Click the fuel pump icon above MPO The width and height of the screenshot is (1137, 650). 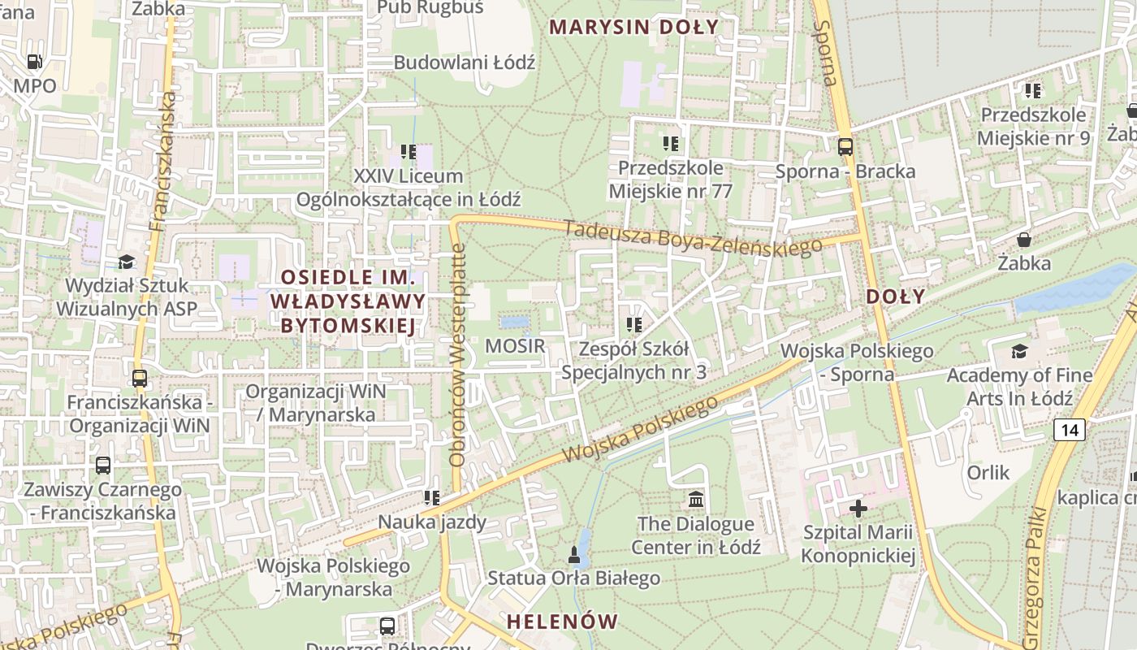(34, 62)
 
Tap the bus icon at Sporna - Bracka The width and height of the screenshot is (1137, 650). (845, 147)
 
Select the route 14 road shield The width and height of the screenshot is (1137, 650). (1070, 430)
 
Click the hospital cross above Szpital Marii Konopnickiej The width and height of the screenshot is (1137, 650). (858, 509)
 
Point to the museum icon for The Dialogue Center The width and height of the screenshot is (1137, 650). (695, 499)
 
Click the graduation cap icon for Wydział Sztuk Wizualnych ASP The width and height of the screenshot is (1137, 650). (126, 262)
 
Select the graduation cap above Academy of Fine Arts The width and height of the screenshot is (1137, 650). (1018, 351)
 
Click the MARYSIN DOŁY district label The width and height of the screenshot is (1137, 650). (633, 27)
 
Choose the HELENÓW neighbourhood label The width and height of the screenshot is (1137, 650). (562, 622)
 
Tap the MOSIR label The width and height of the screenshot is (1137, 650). (515, 346)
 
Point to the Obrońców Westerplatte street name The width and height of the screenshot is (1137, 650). (457, 355)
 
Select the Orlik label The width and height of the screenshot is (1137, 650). (988, 472)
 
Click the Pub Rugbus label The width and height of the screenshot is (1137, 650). (430, 8)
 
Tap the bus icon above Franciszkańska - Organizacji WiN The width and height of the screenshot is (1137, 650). (139, 379)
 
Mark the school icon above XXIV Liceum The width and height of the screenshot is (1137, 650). (409, 152)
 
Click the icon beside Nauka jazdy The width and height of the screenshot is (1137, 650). (431, 497)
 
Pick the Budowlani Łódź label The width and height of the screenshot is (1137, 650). (464, 63)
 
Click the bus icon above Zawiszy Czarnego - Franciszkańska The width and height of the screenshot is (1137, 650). (102, 466)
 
